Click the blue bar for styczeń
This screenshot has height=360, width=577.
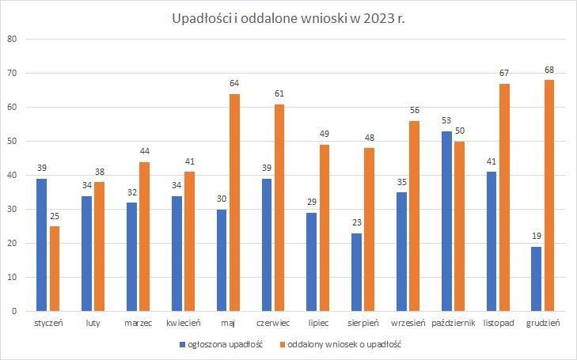[42, 244]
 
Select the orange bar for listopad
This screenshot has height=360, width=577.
[504, 197]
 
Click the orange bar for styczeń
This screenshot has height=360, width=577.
[55, 268]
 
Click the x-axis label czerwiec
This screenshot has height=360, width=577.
[273, 323]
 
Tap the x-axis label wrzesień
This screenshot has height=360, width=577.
[408, 323]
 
